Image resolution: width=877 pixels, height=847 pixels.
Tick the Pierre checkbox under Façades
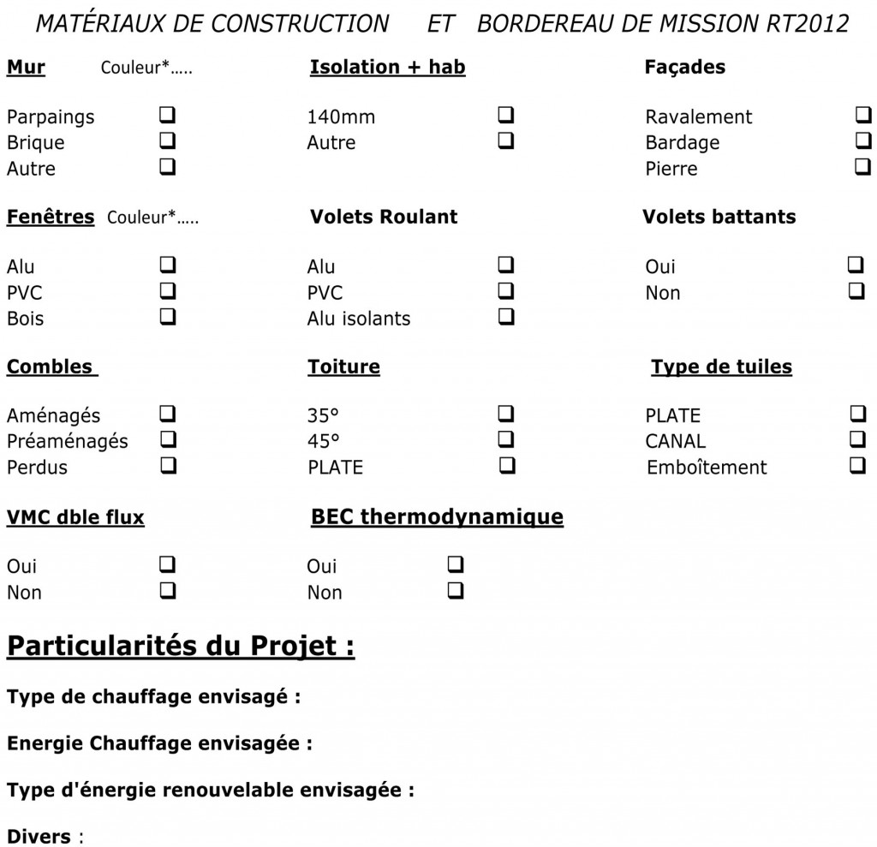862,166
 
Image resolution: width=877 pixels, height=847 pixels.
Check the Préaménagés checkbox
168,439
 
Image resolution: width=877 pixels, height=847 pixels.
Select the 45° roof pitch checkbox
506,439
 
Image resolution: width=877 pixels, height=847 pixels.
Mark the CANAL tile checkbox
856,439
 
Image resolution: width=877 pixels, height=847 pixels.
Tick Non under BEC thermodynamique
456,590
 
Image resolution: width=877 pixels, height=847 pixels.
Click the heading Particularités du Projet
181,645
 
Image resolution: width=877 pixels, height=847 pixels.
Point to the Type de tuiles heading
721,367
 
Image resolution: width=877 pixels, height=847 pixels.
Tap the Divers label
39,836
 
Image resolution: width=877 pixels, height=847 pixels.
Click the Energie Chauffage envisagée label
158,743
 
